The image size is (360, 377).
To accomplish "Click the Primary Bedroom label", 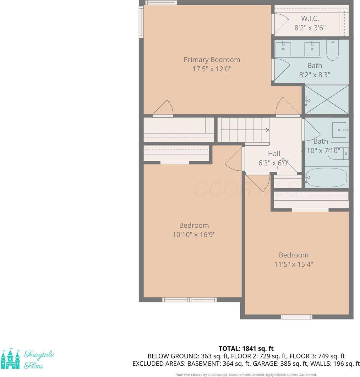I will click(x=212, y=59).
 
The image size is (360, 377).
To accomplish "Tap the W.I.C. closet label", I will click(x=310, y=19).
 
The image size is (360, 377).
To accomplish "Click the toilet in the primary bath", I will click(x=332, y=50).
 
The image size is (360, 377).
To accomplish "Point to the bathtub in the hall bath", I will click(x=326, y=178).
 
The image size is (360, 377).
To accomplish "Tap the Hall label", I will click(x=274, y=154).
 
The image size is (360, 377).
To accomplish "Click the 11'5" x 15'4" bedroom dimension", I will click(x=293, y=264).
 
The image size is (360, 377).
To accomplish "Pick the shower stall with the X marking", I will click(x=327, y=100).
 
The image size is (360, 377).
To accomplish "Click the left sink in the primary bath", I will click(x=283, y=49).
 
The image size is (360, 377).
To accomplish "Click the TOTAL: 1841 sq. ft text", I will click(x=246, y=348).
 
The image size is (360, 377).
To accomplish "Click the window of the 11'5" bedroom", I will click(x=296, y=317).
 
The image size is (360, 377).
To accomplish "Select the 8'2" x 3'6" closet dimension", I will click(x=310, y=27).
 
